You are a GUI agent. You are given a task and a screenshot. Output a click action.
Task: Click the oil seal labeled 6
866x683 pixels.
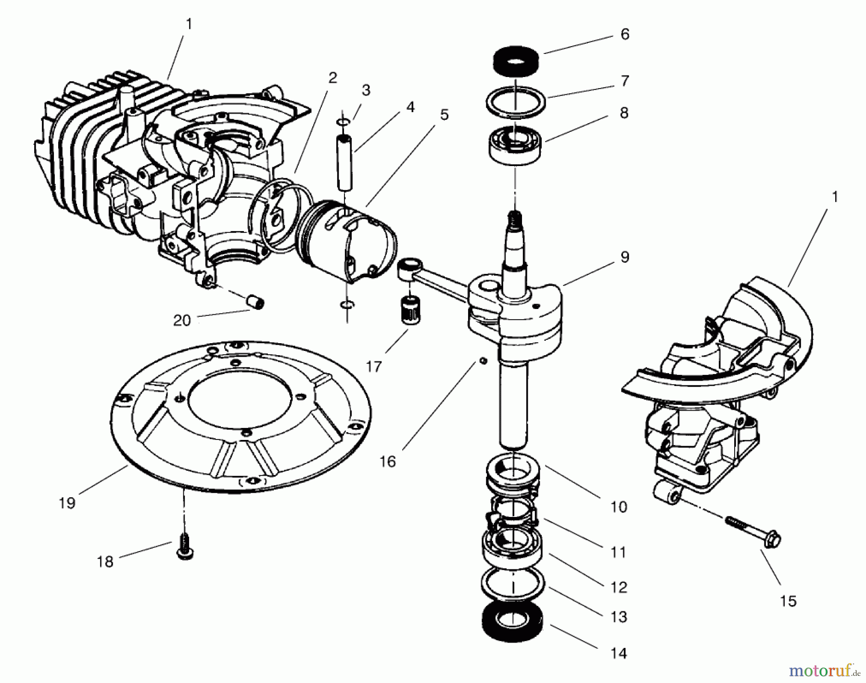pyautogui.click(x=515, y=61)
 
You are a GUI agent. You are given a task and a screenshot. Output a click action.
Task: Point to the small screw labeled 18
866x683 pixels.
pyautogui.click(x=185, y=550)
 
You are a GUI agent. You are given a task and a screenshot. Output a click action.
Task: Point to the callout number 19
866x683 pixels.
pyautogui.click(x=67, y=503)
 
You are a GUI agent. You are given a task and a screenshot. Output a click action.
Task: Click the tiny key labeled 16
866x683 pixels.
pyautogui.click(x=483, y=361)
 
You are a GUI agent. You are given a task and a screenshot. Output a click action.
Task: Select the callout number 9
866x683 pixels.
pyautogui.click(x=624, y=258)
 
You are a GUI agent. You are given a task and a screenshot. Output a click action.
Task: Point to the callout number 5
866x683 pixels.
pyautogui.click(x=444, y=115)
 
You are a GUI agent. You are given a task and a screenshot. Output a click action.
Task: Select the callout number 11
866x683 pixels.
pyautogui.click(x=618, y=552)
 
